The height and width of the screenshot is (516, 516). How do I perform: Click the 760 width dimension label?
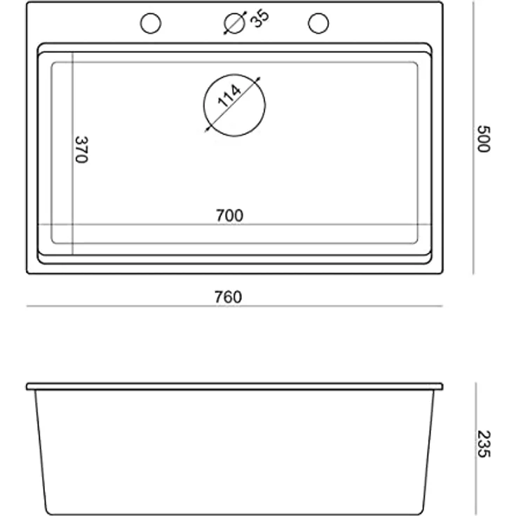228,297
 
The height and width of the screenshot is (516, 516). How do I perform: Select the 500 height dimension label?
484,139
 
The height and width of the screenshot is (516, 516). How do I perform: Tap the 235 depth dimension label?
484,444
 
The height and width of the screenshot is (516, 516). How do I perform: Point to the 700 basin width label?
230,215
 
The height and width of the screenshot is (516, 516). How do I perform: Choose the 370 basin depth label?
81,149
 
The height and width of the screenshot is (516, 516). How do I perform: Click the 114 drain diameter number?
229,96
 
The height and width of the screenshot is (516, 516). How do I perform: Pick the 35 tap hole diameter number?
259,18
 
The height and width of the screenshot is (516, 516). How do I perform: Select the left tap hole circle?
151,13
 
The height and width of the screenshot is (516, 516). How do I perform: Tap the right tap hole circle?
318,13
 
